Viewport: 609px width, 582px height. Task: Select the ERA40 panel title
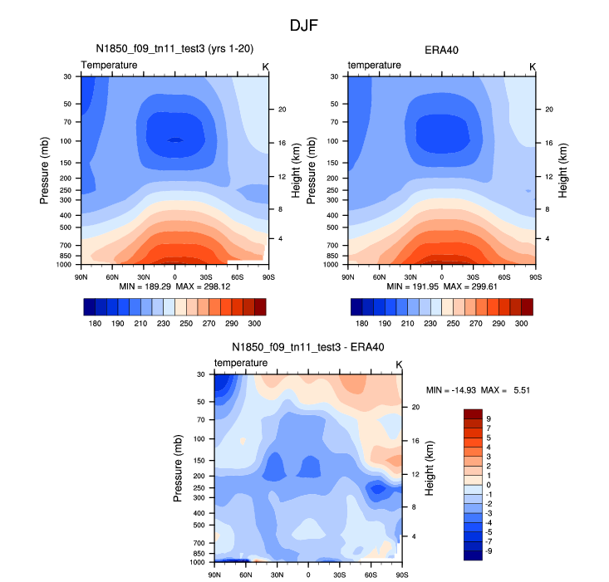click(440, 50)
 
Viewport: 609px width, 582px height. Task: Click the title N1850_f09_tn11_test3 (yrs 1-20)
click(174, 50)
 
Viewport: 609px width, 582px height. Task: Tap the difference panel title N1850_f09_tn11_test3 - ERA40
click(307, 347)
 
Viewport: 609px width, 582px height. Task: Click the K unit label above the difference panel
click(399, 364)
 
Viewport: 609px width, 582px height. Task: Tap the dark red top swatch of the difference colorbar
click(472, 413)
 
